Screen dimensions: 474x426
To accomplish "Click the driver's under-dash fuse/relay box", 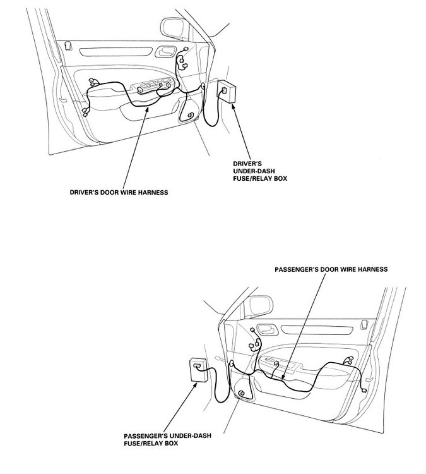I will click(x=228, y=92).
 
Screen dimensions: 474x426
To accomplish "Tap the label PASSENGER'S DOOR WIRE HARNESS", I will click(x=331, y=269).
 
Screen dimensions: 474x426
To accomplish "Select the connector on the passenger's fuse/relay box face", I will click(x=198, y=366).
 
